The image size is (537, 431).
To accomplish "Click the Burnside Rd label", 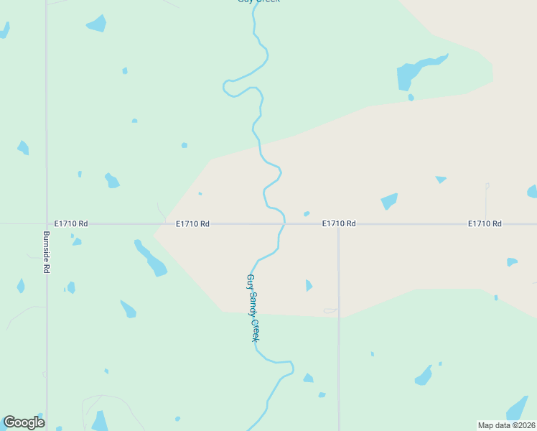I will [x=46, y=251].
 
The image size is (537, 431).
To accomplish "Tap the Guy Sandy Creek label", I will [x=252, y=307].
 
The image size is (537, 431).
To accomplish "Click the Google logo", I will [x=24, y=422].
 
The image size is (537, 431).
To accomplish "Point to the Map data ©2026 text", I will [x=506, y=425].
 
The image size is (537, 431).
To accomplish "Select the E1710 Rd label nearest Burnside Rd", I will [x=71, y=224].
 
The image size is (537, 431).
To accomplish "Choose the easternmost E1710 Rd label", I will [x=485, y=224].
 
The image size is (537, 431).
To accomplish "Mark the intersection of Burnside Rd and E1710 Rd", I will [x=47, y=224].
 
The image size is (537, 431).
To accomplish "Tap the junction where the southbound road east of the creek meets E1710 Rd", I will [x=339, y=224].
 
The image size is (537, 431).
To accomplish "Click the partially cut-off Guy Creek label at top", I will [x=258, y=1].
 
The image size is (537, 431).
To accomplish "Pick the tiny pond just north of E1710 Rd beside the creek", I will [x=307, y=213].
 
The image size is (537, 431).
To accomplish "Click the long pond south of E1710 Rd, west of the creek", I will [x=151, y=259].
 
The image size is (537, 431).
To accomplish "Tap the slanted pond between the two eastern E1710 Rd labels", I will [x=389, y=200].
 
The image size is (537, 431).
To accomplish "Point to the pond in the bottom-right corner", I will [x=518, y=408].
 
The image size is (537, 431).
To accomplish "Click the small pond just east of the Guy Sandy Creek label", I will [x=309, y=285].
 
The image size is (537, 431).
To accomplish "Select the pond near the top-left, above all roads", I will [x=96, y=24].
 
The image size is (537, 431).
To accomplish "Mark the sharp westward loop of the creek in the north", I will [x=228, y=87].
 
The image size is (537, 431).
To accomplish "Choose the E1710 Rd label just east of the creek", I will [x=339, y=224].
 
